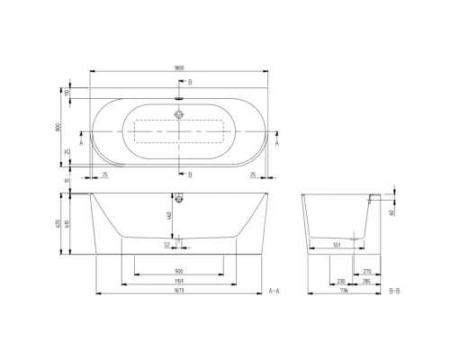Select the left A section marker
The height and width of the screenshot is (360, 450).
(x=82, y=142)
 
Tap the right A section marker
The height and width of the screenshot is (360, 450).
(x=275, y=142)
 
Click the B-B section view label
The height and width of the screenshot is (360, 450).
(x=393, y=292)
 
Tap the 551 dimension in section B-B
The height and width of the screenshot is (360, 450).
(x=337, y=243)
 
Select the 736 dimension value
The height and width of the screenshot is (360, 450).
(x=346, y=292)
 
